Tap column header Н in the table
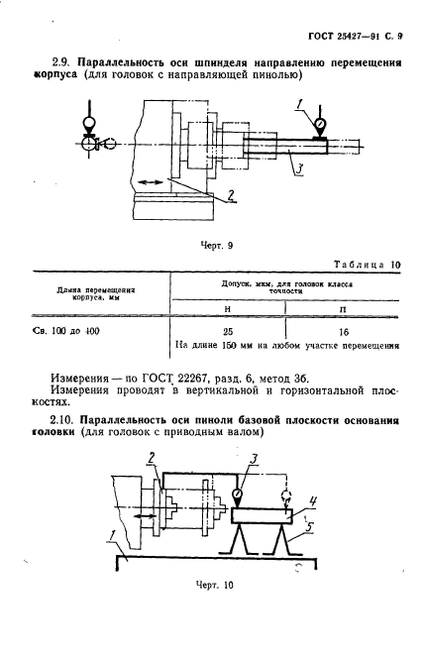(x=228, y=309)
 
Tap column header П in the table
(x=342, y=309)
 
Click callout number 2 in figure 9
(x=231, y=194)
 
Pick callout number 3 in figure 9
(x=295, y=170)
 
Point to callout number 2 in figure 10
(x=153, y=457)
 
